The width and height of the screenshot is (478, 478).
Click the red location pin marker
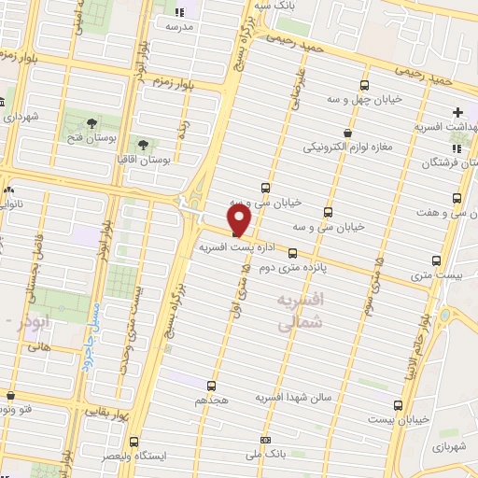[x=239, y=220]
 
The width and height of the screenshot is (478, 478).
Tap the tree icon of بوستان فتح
[x=92, y=123]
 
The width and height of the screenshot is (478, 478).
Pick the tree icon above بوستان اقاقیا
[x=143, y=145]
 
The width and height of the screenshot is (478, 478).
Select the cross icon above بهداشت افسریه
[x=457, y=112]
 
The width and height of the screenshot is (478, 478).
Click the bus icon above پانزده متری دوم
[x=293, y=253]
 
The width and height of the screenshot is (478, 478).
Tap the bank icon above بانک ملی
[x=266, y=439]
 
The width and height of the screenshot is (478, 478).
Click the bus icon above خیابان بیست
[x=399, y=405]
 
